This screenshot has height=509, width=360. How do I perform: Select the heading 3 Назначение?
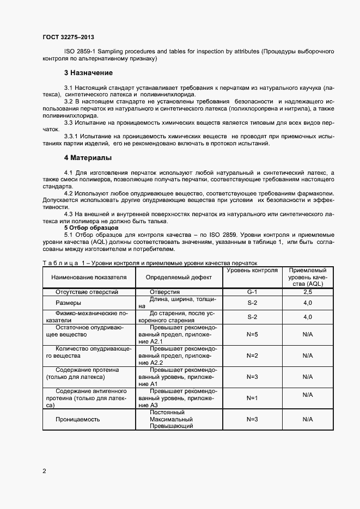click(88, 73)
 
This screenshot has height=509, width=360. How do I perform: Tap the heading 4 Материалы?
click(88, 158)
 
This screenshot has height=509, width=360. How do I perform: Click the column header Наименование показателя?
click(89, 277)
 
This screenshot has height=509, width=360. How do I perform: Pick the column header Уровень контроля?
click(252, 271)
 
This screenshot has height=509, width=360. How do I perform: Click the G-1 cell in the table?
click(252, 292)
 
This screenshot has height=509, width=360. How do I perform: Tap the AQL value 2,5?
click(307, 292)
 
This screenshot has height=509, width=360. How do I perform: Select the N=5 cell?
click(252, 334)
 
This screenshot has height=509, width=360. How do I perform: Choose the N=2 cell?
click(252, 355)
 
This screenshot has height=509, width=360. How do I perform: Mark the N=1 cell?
click(252, 398)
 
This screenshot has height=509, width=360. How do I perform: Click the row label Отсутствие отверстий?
click(87, 292)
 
